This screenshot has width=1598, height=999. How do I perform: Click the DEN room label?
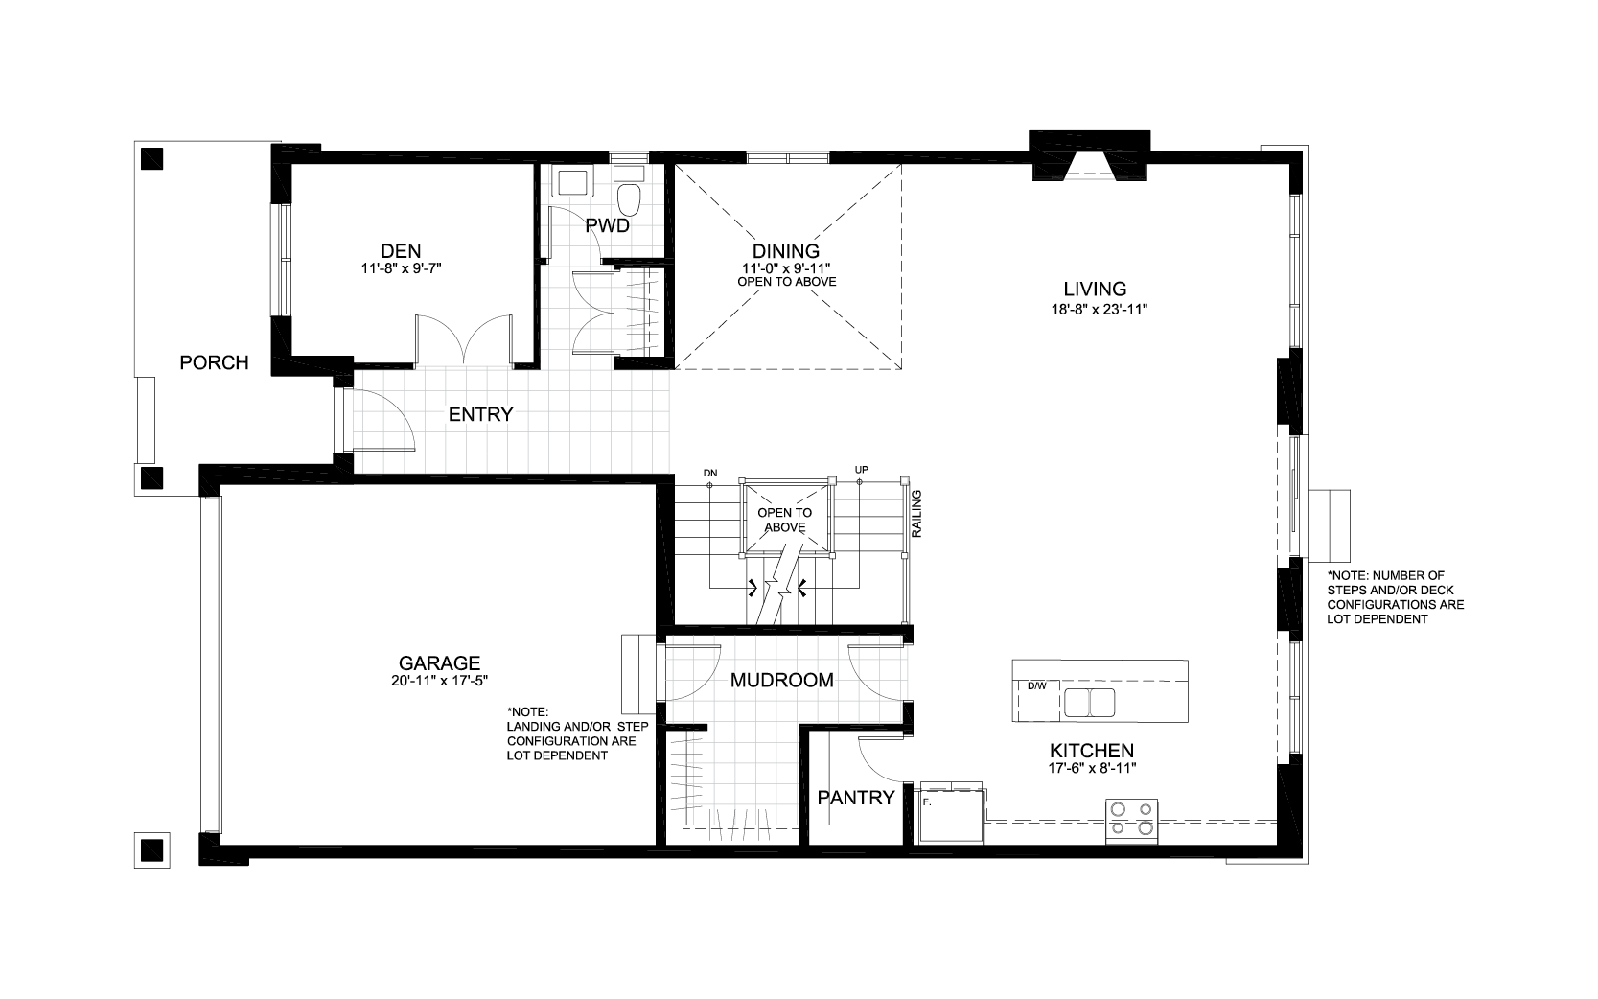point(401,251)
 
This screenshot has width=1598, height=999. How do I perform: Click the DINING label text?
point(786,251)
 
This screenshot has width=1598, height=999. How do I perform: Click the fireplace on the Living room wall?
point(1089,155)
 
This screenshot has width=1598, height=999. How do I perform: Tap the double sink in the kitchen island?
point(1089,702)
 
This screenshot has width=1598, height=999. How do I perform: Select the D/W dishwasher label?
point(1036,686)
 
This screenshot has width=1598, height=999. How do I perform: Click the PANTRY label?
point(856,798)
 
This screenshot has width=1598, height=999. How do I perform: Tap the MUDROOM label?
point(782,680)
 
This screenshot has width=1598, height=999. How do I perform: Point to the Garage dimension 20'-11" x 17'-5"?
point(439,681)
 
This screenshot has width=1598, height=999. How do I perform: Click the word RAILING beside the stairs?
point(916,514)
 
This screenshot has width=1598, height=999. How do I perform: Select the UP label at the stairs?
point(862,470)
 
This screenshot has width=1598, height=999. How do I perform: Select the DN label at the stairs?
point(710,473)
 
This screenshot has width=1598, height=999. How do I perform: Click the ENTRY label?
point(481,414)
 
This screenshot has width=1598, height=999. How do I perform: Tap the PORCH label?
point(214,363)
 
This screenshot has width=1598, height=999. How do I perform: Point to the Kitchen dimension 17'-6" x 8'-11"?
point(1092,769)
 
